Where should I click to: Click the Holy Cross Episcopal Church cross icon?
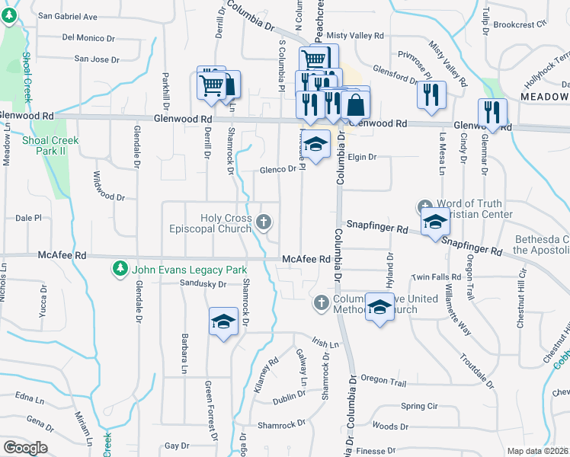point(264,222)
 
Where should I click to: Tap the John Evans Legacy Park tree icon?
point(120,269)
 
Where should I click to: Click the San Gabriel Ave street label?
point(68,16)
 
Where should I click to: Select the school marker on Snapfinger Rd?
point(435,222)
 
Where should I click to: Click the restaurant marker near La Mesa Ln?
point(432,94)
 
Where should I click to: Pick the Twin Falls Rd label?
point(437,277)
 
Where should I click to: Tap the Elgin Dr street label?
point(362,157)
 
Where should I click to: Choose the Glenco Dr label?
point(277,169)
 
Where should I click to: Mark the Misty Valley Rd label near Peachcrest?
point(355,36)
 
